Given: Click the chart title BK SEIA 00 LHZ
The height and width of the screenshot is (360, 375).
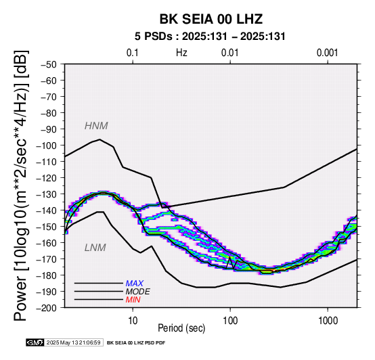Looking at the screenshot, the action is [211, 19].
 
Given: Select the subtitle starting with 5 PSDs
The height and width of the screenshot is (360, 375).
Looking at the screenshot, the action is [210, 37].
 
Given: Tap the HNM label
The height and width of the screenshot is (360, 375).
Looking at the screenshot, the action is [96, 126].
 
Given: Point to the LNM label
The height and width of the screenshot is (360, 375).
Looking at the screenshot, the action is [95, 248].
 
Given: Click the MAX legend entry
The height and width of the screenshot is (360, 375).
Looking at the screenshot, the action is [135, 284].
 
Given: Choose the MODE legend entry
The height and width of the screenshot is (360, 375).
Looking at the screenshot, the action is [138, 292].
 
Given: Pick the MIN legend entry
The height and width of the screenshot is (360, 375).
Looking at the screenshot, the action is [133, 300].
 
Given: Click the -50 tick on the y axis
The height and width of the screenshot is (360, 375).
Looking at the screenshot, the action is [49, 64].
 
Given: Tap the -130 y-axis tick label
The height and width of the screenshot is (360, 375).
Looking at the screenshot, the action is [46, 194].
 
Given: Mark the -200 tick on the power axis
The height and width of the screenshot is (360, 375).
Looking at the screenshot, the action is [46, 308].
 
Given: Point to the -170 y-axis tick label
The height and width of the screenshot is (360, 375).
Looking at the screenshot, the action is [46, 259].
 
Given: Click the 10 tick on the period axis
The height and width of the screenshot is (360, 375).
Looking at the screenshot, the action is [133, 321].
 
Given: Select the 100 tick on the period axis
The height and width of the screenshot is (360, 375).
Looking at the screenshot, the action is [230, 321].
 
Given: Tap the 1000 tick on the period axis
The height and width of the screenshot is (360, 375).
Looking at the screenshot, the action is [328, 321].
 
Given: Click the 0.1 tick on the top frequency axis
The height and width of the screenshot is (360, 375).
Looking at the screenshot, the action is [133, 53].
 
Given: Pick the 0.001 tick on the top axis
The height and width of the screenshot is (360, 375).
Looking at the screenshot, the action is [328, 53].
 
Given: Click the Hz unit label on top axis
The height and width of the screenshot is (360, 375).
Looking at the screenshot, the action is [181, 53].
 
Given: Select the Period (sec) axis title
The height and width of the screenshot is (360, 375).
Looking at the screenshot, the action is [181, 328].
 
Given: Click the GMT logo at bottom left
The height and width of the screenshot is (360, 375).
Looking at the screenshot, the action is [35, 342].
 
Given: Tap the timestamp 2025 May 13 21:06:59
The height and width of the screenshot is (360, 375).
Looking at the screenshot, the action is [73, 342].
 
